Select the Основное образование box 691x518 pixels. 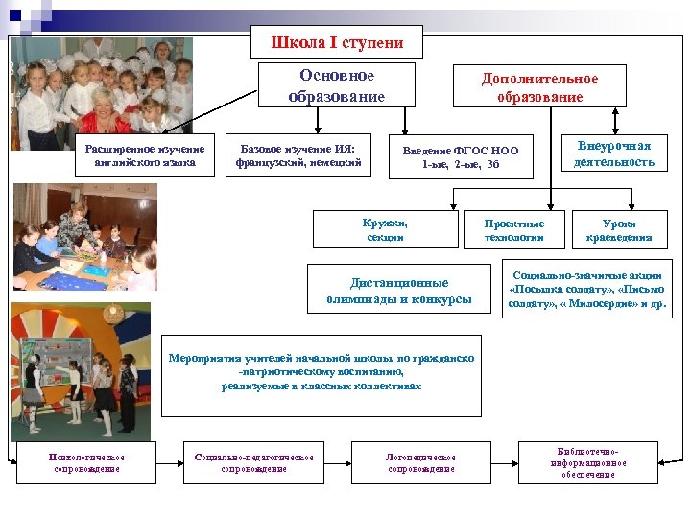coord(336,86)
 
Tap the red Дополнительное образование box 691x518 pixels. coord(539,87)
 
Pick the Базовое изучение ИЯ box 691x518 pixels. coord(298,154)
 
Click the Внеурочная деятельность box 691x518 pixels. coord(614,153)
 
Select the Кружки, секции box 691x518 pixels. coord(385,229)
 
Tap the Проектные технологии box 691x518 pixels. coord(513,229)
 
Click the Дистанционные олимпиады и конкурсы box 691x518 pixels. coord(399,291)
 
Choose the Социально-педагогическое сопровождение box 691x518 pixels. coord(253,462)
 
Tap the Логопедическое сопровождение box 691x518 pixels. coord(420,462)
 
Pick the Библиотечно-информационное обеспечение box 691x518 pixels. coord(587,462)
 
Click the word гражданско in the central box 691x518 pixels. coord(441,358)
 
